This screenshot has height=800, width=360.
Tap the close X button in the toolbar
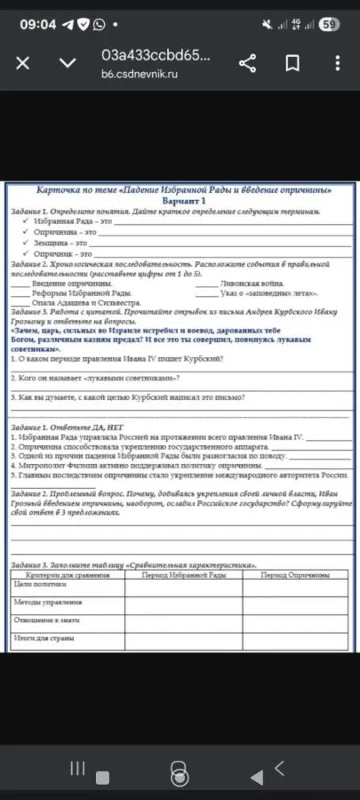pos(24,62)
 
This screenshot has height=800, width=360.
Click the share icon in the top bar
pos(248,62)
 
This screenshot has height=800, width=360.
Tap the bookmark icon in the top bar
pos(292,62)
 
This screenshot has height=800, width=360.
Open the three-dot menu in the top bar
pos(338,62)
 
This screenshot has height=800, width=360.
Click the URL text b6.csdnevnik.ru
pos(140,74)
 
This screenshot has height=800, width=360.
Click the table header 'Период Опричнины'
pos(294,576)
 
